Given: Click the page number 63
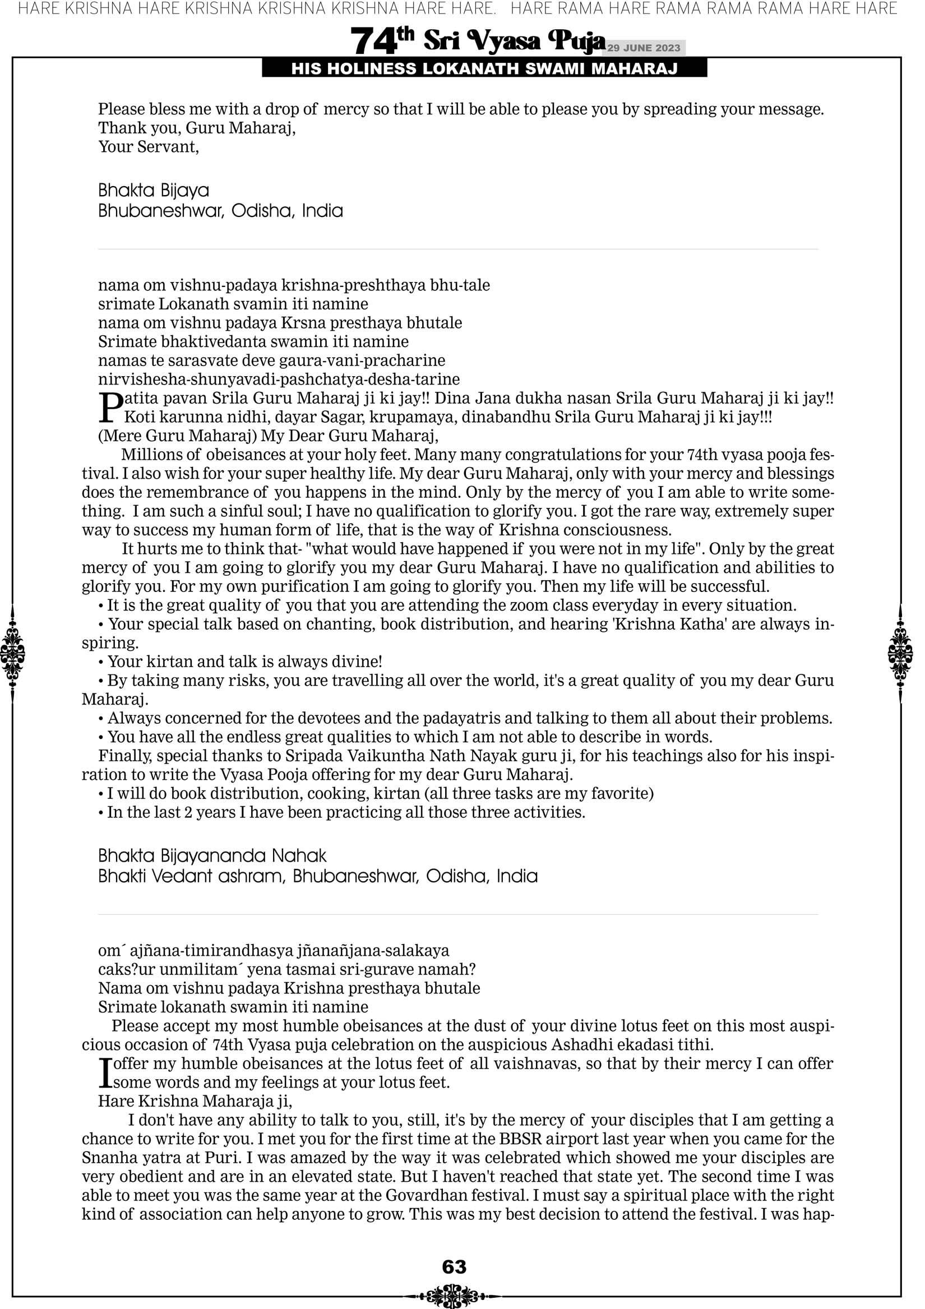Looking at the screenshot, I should point(454,1266).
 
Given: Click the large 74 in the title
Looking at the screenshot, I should point(373,41).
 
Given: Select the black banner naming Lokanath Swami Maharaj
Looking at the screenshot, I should point(484,69).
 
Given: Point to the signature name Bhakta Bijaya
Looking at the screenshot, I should point(154,190).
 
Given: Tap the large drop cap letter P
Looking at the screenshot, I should point(110,407).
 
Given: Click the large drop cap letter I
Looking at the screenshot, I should point(104,1073).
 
